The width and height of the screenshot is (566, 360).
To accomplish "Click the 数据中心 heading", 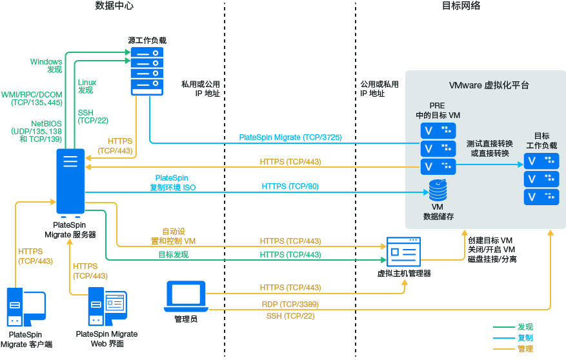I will pyautogui.click(x=114, y=6).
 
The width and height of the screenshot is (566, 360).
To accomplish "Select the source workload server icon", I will pyautogui.click(x=147, y=70).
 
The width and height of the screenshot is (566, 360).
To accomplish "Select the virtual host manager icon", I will pyautogui.click(x=403, y=252).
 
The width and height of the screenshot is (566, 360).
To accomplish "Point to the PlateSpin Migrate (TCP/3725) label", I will pyautogui.click(x=290, y=137).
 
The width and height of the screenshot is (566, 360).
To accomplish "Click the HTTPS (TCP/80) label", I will pyautogui.click(x=290, y=186).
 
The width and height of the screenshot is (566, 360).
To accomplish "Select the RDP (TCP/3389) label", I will pyautogui.click(x=290, y=304).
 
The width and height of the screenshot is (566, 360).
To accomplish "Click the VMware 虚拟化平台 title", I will pyautogui.click(x=489, y=85).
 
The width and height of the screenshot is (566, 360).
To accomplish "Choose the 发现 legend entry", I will pyautogui.click(x=525, y=327).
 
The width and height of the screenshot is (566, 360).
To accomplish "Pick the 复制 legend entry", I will pyautogui.click(x=525, y=337).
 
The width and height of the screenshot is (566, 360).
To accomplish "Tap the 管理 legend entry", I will pyautogui.click(x=525, y=348).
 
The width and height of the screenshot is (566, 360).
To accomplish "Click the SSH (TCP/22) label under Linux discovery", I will pyautogui.click(x=93, y=117).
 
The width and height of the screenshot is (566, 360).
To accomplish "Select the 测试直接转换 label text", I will pyautogui.click(x=489, y=143).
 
